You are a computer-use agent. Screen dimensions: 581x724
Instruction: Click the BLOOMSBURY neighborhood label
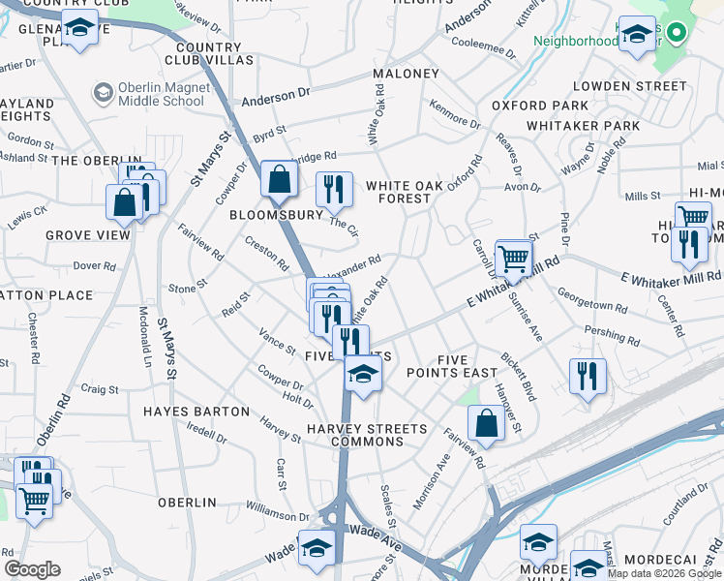tap(276, 215)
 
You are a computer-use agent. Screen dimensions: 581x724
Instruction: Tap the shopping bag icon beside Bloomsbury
tap(279, 180)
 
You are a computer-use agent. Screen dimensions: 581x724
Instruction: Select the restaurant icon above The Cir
tap(334, 190)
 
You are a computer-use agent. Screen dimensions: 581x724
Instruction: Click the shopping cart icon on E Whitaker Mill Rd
tap(513, 259)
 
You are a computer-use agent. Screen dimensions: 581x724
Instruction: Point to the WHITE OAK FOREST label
tap(398, 192)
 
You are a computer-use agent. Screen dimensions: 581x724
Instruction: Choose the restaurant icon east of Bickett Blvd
tap(588, 377)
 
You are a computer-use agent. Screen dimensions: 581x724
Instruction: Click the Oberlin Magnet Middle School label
tap(161, 94)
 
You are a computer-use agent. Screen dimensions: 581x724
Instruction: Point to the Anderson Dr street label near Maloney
tap(276, 97)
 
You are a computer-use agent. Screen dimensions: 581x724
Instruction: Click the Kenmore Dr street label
tap(455, 116)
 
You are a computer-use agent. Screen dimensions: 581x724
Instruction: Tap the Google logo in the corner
tap(32, 569)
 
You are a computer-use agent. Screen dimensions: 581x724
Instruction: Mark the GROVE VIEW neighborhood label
tap(87, 235)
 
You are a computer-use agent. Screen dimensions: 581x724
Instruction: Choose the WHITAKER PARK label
tap(583, 126)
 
